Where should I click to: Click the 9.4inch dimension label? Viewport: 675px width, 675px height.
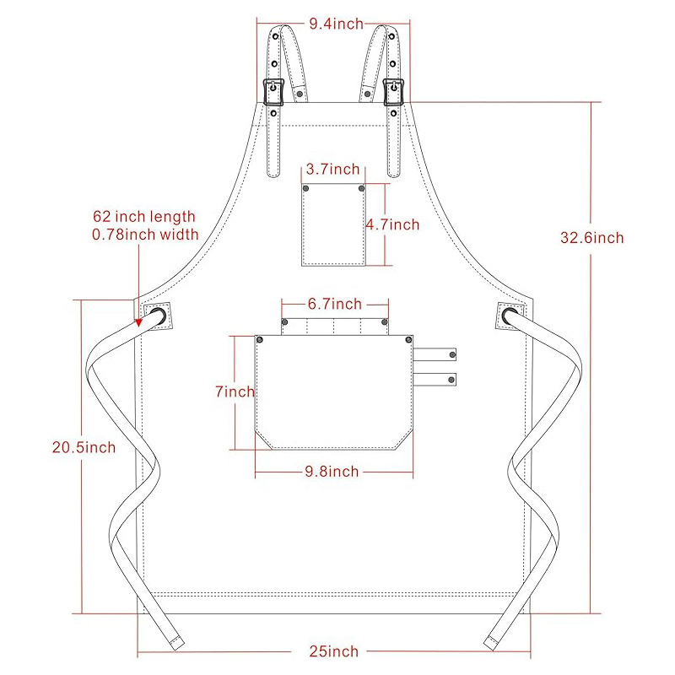(x=336, y=24)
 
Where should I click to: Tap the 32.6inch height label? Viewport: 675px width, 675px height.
(x=591, y=238)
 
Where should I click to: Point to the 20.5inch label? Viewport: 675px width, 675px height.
(x=79, y=447)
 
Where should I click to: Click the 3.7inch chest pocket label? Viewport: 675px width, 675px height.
(x=333, y=169)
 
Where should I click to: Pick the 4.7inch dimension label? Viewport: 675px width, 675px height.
(x=392, y=224)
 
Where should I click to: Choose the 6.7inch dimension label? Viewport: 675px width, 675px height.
(x=334, y=304)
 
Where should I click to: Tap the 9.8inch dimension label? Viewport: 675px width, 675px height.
(x=331, y=471)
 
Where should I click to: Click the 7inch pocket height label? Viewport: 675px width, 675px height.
(x=234, y=391)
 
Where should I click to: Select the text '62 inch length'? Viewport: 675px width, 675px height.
(x=144, y=218)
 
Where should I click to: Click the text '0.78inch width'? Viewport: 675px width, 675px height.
(x=145, y=235)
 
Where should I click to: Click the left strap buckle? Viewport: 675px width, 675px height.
(x=273, y=90)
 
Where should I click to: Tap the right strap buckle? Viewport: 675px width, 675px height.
(x=394, y=90)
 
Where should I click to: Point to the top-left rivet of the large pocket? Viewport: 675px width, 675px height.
(x=260, y=339)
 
